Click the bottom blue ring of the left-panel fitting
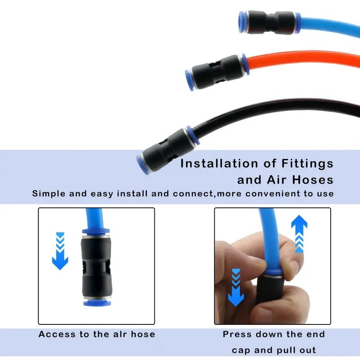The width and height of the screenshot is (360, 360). [96, 303]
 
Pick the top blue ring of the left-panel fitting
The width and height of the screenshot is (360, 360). [96, 231]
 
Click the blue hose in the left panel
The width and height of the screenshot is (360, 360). [95, 218]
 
